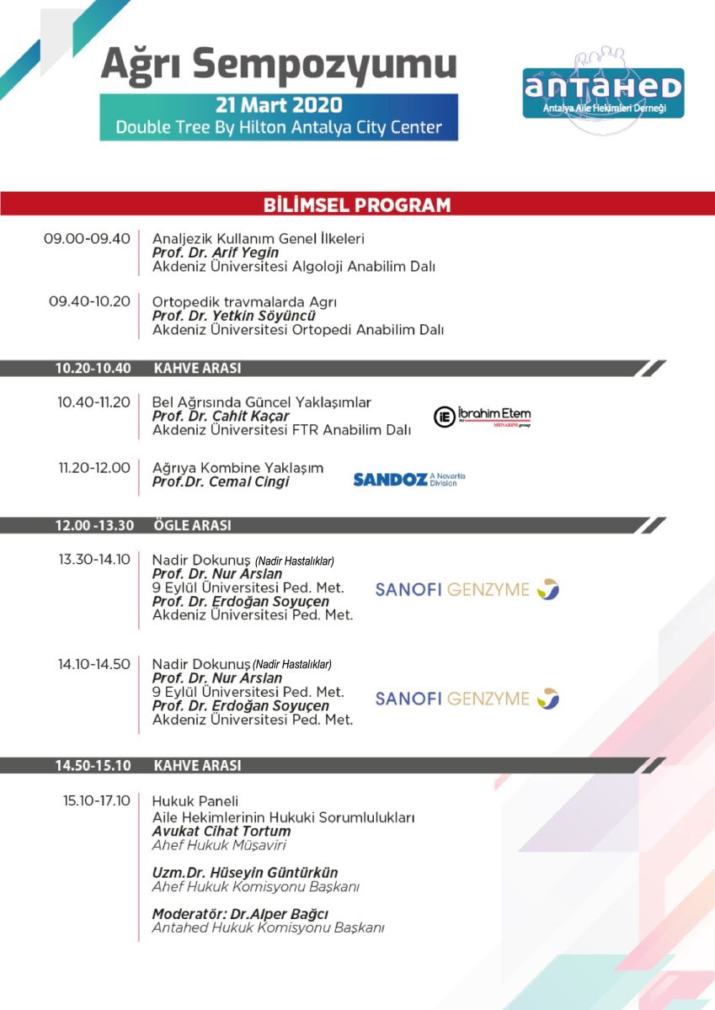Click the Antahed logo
[x=603, y=92]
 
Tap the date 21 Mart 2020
[x=279, y=105]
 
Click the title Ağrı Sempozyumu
[x=279, y=66]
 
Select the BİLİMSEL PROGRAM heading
[x=357, y=205]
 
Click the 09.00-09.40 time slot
[x=87, y=238]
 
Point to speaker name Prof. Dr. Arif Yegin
[x=216, y=252]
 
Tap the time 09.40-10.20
[x=89, y=301]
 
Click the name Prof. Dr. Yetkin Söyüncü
[x=233, y=316]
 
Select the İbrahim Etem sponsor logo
[x=483, y=417]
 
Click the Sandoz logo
[x=408, y=480]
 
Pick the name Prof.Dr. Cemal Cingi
[x=221, y=482]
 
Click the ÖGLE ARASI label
[x=192, y=526]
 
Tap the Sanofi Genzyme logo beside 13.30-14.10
[x=467, y=589]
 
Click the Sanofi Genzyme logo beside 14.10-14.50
[x=467, y=699]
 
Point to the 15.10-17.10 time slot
[x=97, y=800]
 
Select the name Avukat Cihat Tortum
[x=221, y=831]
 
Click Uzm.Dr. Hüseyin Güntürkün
[x=245, y=873]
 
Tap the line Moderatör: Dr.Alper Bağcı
[x=240, y=914]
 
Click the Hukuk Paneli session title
[x=195, y=801]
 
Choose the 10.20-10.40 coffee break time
[x=93, y=369]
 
